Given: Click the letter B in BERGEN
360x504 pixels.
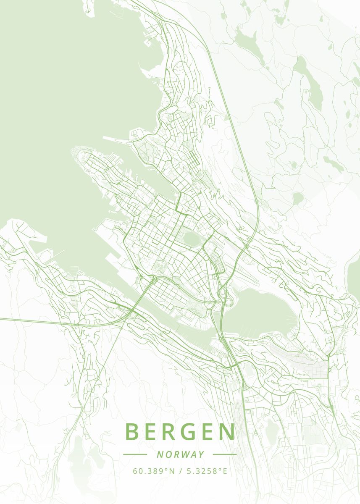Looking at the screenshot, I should [x=132, y=432].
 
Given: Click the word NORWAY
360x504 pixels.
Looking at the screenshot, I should [x=180, y=454].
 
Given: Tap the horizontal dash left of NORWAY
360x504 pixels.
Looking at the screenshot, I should [x=135, y=454].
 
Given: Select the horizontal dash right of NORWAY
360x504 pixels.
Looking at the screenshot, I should [x=225, y=454].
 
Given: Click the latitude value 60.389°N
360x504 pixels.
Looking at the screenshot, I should [x=154, y=471].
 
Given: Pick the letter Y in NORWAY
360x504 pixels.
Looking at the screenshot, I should [x=202, y=454].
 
